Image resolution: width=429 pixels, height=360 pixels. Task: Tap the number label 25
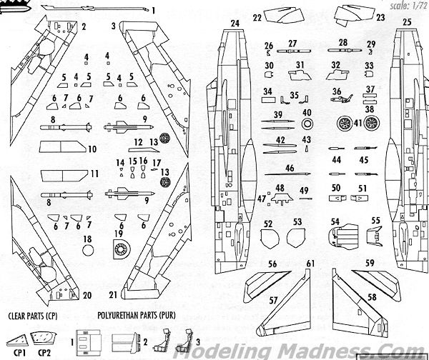[x=407, y=23]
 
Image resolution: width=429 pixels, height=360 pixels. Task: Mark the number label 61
[x=310, y=264]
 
